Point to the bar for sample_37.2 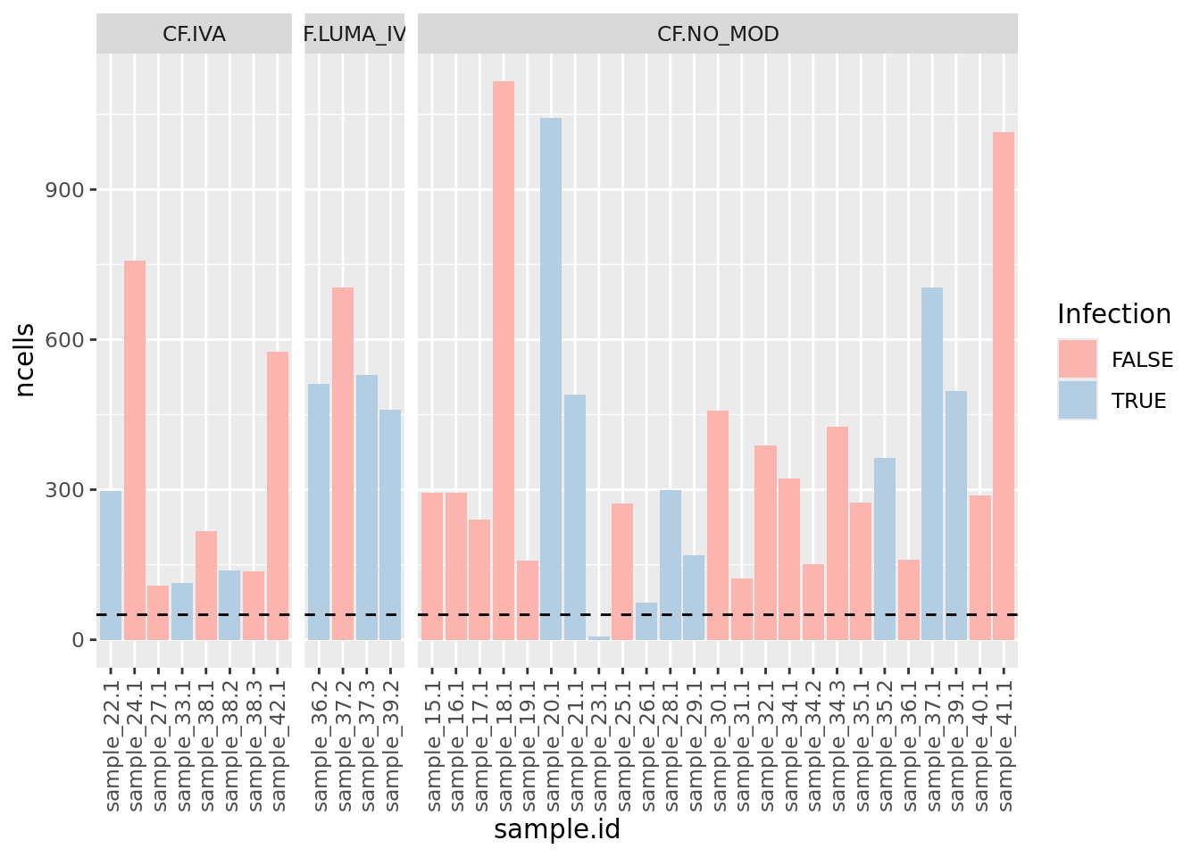pyautogui.click(x=343, y=463)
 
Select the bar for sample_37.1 pyautogui.click(x=932, y=463)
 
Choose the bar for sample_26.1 pyautogui.click(x=646, y=621)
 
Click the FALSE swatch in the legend pyautogui.click(x=1077, y=360)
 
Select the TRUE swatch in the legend pyautogui.click(x=1077, y=401)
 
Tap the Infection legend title pyautogui.click(x=1113, y=314)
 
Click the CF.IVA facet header pyautogui.click(x=194, y=35)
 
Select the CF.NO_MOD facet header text pyautogui.click(x=718, y=35)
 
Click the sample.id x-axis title pyautogui.click(x=556, y=829)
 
